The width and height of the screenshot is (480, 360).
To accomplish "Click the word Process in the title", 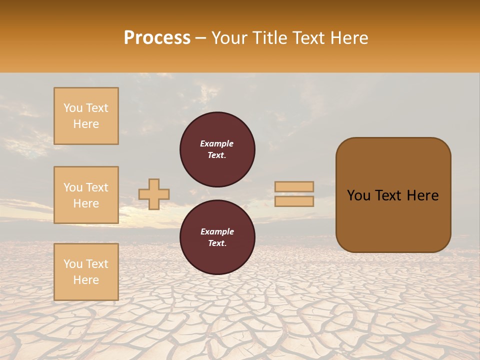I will point(157,38).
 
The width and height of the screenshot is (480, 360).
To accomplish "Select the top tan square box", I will point(86,116).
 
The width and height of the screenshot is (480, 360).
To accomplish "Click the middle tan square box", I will point(86,195).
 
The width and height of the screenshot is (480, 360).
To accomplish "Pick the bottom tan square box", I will point(86,272).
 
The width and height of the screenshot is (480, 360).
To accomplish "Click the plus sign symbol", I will point(154,194).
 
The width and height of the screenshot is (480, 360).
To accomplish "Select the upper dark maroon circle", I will point(217,149).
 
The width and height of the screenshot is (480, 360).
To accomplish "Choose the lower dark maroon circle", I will point(217,237).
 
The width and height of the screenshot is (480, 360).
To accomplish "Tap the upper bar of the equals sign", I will point(294,187).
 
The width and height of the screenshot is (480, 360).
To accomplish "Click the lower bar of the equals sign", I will point(294,201).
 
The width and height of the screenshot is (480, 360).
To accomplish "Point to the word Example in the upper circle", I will point(217,143).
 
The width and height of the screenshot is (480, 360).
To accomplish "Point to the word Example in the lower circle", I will point(217,231).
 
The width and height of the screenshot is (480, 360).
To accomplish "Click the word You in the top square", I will point(72,108).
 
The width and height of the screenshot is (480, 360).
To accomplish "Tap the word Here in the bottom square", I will point(86,280).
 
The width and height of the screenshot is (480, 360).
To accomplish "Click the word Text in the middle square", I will point(96,187).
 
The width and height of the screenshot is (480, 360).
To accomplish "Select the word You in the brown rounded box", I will point(359,195).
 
